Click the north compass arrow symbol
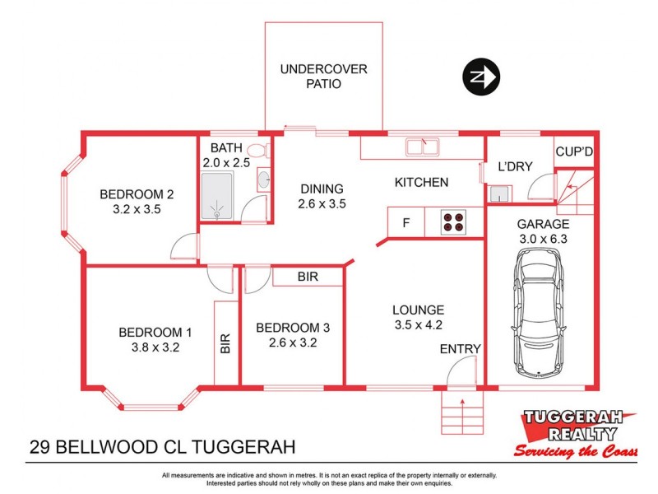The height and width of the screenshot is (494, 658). [x=479, y=78]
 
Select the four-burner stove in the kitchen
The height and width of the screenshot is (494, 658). [x=453, y=222]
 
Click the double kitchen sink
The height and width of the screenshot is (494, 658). [x=421, y=148]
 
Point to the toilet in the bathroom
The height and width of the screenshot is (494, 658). [x=257, y=151]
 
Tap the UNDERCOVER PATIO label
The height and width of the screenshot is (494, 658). [x=323, y=77]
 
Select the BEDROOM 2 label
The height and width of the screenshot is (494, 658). [x=137, y=194]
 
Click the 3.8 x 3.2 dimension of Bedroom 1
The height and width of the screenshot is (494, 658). [x=155, y=347]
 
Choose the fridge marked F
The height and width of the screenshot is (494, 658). [x=405, y=222]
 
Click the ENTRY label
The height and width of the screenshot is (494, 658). [x=460, y=349]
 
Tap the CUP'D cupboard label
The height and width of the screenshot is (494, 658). [x=574, y=151]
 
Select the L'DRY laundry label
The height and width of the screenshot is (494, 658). [x=516, y=166]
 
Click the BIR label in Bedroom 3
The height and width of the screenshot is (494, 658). [x=307, y=277]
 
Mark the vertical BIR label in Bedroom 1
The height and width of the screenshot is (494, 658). [x=225, y=343]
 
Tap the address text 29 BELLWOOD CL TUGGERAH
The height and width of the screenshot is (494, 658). [x=161, y=448]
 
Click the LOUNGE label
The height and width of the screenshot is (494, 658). [x=418, y=310]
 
